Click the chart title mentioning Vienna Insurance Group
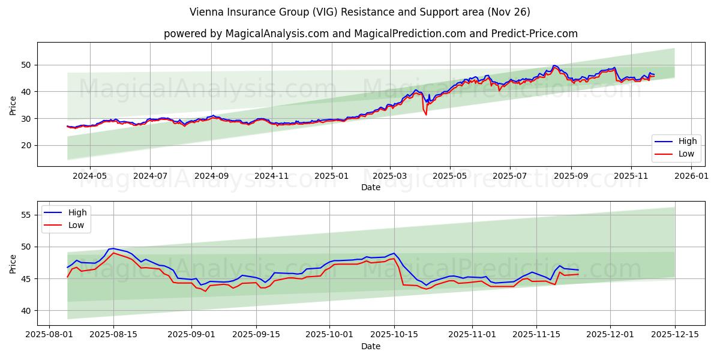coord(359,12)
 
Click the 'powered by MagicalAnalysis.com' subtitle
coord(370,34)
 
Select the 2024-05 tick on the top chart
coord(90,176)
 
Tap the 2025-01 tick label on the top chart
coord(331,176)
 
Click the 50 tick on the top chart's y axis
coord(26,65)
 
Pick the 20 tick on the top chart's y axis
coord(26,145)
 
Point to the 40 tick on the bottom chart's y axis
coord(26,311)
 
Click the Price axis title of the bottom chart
coord(13,263)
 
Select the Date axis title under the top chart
coord(370,187)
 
